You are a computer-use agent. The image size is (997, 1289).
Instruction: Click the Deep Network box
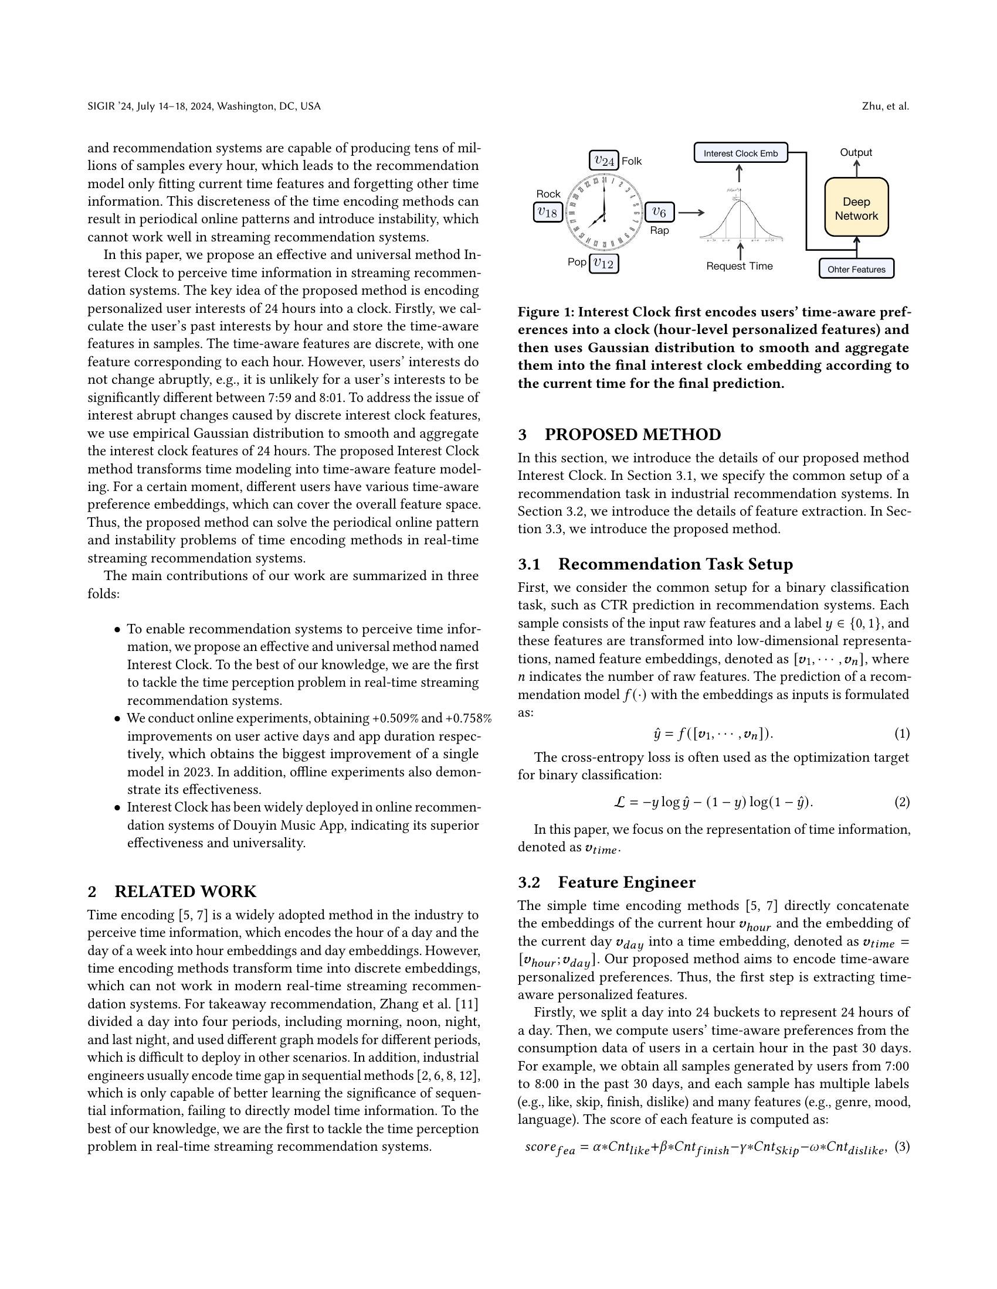[x=856, y=209]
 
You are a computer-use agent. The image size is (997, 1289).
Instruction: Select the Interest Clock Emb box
[x=740, y=154]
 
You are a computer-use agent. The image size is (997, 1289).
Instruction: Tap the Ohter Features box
[x=856, y=269]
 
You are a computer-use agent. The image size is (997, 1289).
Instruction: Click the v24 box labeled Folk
[x=603, y=161]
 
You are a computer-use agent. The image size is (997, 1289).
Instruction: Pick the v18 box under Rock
[x=547, y=212]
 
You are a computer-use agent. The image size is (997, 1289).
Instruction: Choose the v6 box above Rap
[x=659, y=212]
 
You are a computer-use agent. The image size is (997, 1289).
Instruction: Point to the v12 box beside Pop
[x=603, y=263]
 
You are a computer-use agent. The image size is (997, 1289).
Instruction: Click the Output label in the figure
[x=856, y=152]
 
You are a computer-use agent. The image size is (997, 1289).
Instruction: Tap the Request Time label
[x=739, y=266]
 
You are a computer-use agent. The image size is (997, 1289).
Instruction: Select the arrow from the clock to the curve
[x=691, y=213]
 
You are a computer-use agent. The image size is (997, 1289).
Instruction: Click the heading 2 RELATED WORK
[x=172, y=891]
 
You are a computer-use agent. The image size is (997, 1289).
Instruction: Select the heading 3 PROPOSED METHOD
[x=619, y=434]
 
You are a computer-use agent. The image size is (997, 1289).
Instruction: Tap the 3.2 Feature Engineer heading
[x=606, y=882]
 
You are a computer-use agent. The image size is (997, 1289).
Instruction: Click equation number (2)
[x=901, y=802]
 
